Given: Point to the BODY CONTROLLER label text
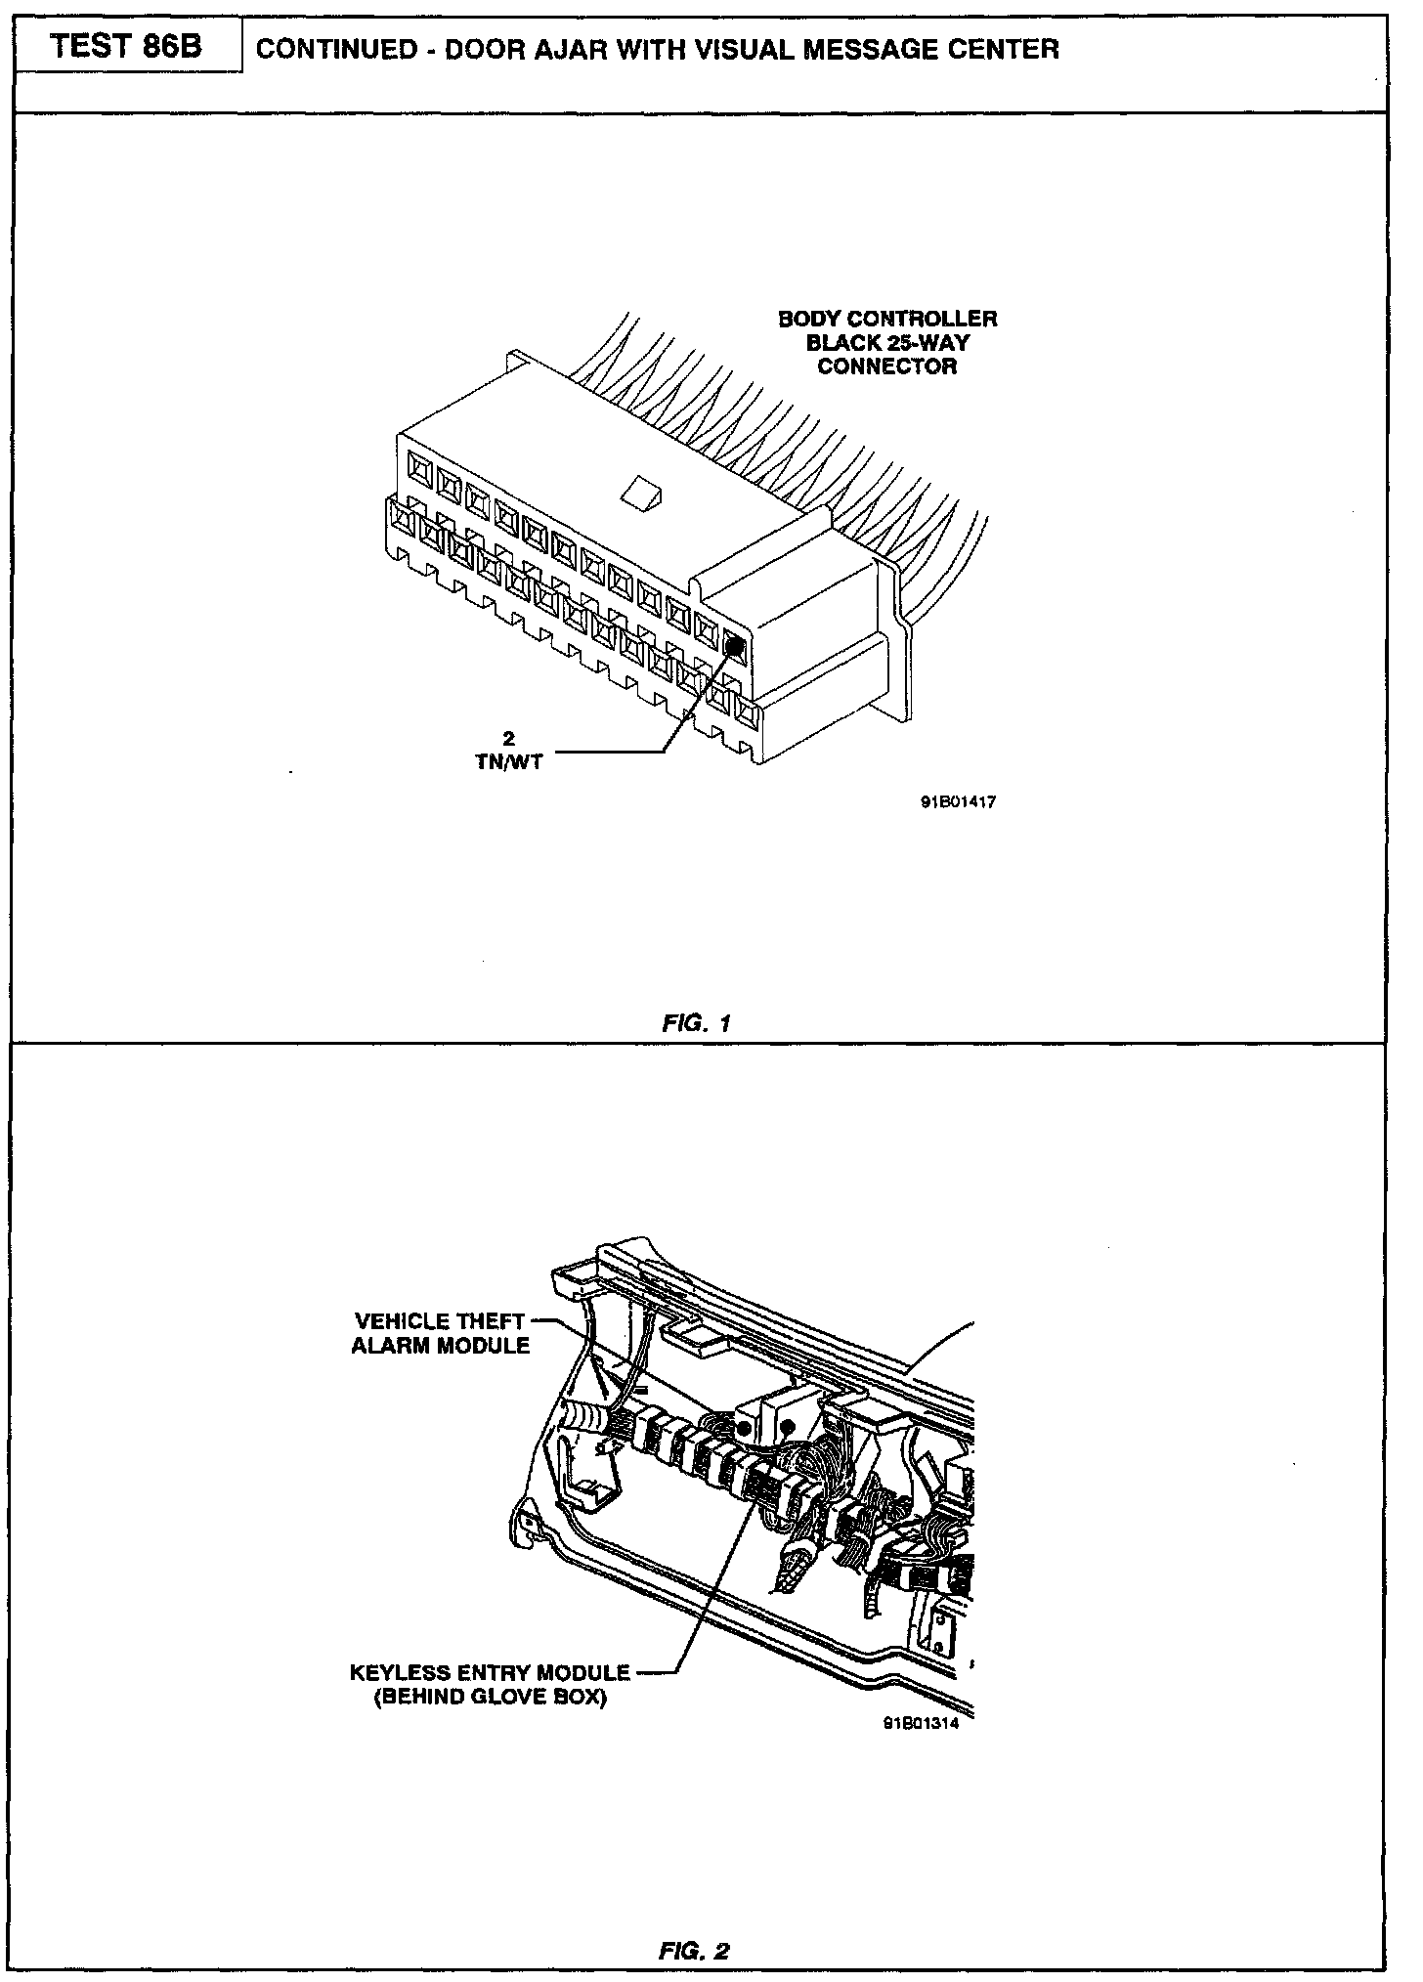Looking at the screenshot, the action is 887,320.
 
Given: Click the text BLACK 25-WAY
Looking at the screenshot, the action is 887,344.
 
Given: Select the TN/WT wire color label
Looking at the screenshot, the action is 507,763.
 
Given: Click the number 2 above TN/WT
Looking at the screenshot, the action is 507,740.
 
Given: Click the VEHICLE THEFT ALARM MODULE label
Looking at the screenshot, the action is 441,1333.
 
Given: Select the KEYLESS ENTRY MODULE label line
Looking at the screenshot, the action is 490,1673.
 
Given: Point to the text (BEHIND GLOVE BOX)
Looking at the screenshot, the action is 490,1698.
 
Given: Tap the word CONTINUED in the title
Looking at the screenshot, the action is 336,50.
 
